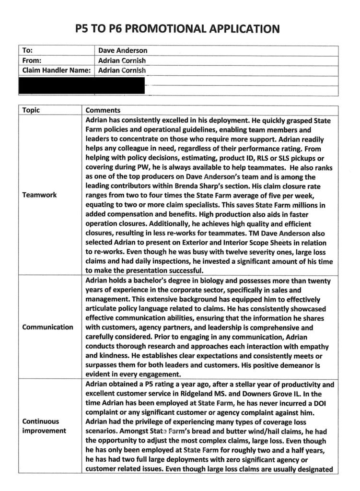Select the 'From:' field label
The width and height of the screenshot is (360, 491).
pos(32,60)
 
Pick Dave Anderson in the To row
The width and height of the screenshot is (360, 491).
pos(123,50)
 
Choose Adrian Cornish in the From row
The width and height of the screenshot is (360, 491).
pos(122,60)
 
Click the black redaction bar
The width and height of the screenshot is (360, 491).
pos(81,85)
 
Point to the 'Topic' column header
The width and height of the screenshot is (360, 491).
pos(31,110)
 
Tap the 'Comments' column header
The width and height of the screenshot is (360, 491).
pos(103,110)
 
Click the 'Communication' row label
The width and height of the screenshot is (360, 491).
pos(48,327)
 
